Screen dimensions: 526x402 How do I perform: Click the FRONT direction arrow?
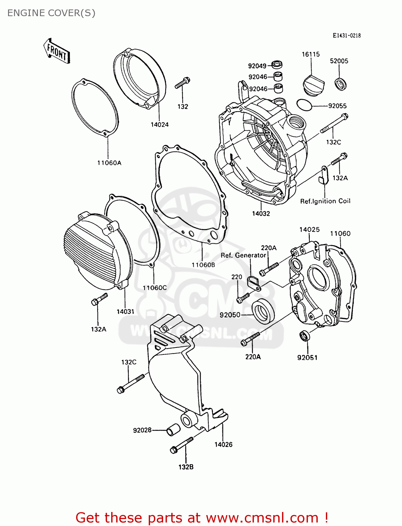click(57, 51)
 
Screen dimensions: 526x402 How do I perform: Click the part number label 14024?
click(160, 124)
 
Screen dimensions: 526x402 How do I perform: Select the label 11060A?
click(109, 163)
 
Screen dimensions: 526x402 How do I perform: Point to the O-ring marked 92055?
click(303, 104)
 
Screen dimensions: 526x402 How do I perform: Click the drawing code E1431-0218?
click(347, 35)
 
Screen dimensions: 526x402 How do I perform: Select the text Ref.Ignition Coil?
click(325, 201)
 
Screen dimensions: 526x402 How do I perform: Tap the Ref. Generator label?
click(243, 255)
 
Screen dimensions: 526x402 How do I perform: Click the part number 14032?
click(261, 213)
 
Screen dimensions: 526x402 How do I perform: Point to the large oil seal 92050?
click(263, 311)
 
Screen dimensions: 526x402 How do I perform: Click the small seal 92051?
click(304, 336)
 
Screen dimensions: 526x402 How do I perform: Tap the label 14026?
click(223, 444)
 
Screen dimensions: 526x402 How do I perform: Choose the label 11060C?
click(155, 288)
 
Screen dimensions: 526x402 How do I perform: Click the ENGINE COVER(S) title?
click(51, 13)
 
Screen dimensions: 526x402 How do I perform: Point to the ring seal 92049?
click(277, 65)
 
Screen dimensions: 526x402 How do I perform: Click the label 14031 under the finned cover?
click(126, 311)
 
